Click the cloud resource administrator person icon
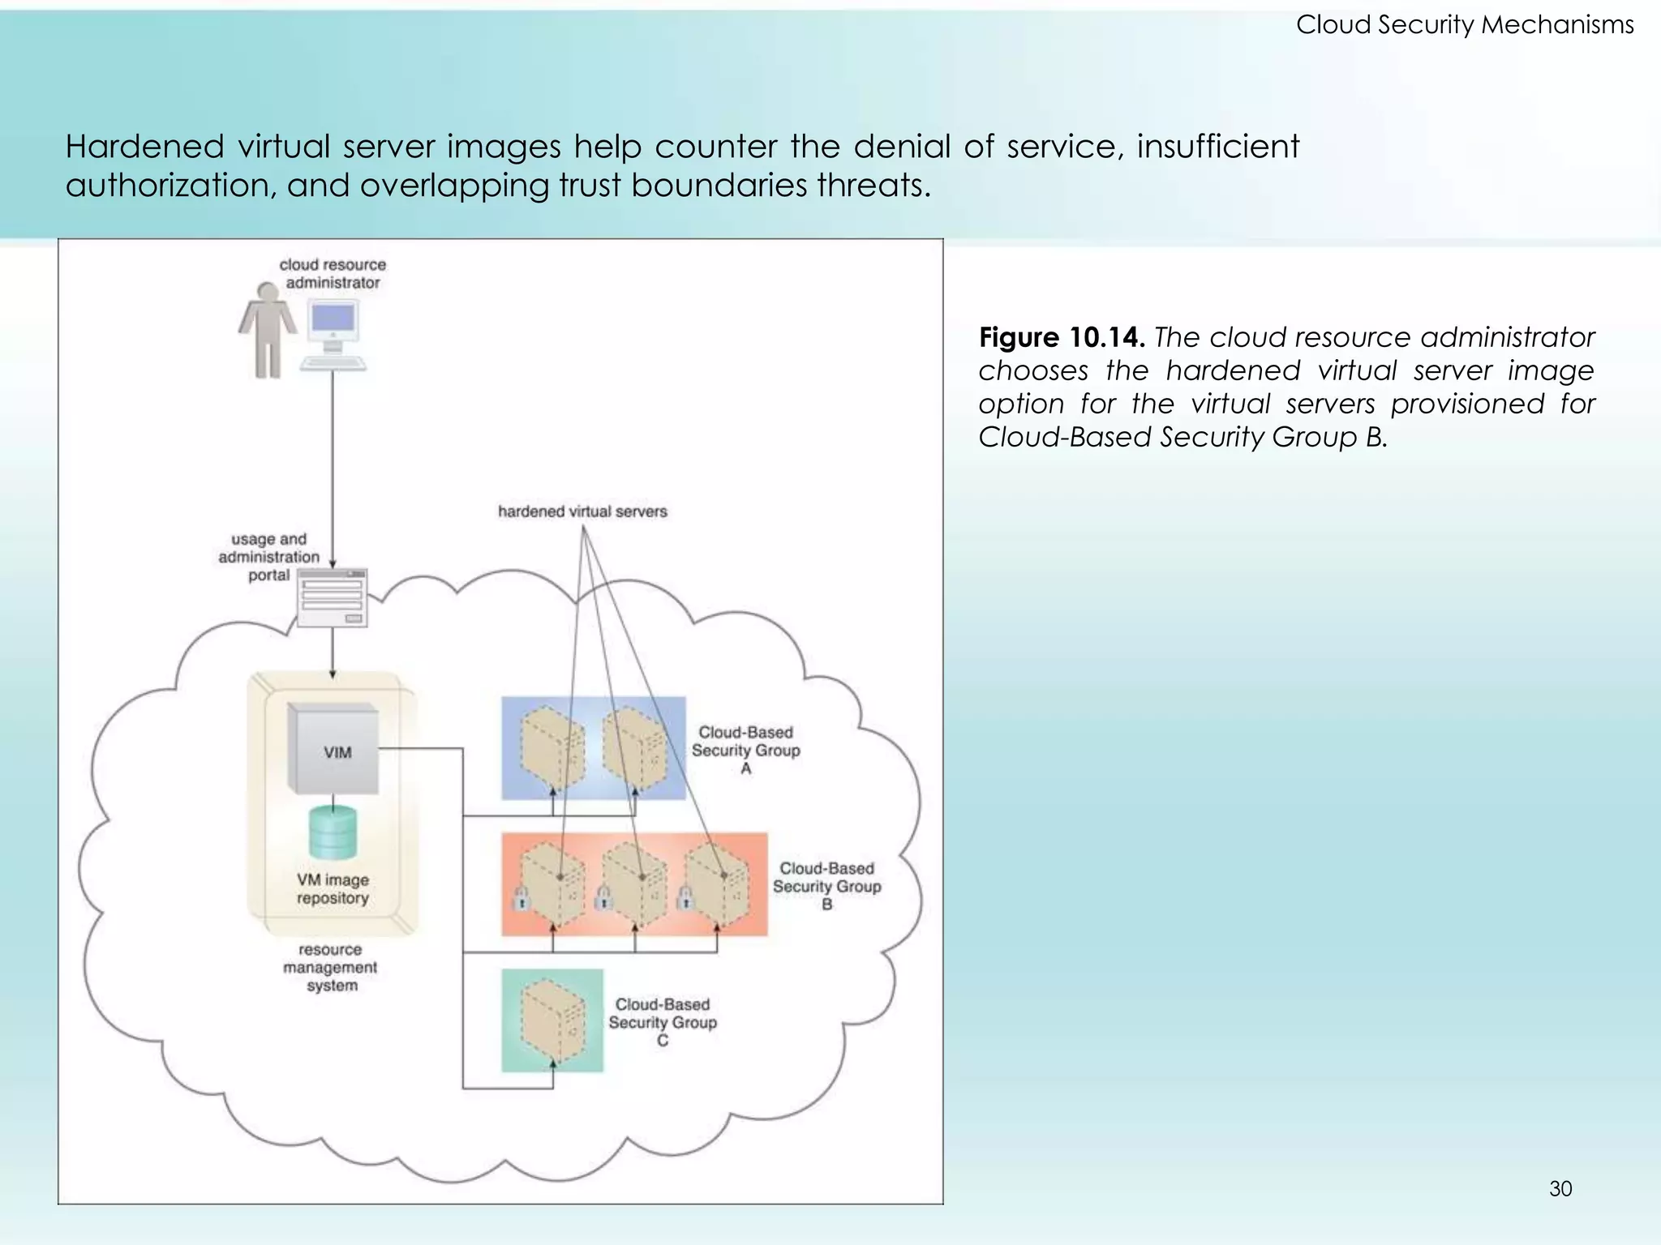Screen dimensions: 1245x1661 (266, 329)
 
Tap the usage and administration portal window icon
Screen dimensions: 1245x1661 (332, 597)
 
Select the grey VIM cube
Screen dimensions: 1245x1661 (333, 750)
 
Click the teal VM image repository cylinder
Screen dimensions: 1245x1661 (333, 835)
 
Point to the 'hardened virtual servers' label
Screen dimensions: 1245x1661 (582, 511)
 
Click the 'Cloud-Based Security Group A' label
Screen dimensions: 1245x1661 (745, 750)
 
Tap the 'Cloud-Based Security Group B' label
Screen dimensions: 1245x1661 (826, 886)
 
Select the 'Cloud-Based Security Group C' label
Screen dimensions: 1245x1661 (663, 1022)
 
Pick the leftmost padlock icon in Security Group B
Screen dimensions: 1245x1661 (521, 899)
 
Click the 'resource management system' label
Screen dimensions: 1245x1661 (330, 967)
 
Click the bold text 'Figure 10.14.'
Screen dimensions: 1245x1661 (1061, 337)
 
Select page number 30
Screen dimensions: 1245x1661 (1560, 1189)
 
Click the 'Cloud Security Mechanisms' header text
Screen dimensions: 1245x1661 (1464, 25)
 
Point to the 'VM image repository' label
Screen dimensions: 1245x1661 (333, 889)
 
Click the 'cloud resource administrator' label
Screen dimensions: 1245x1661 (333, 273)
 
